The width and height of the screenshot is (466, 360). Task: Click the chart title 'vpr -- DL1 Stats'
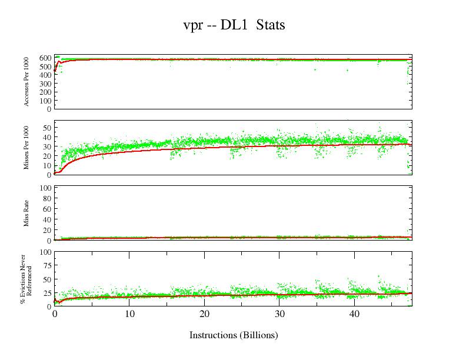tap(234, 25)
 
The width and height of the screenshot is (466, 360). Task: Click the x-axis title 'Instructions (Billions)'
tap(234, 335)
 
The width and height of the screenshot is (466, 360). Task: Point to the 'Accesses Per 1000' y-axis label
tap(27, 82)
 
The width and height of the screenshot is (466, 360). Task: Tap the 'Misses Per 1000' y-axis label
tap(27, 148)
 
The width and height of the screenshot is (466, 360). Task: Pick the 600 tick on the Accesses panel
tap(45, 58)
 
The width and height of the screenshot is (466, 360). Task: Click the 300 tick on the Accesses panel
tap(45, 83)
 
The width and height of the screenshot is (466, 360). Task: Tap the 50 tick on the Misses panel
tap(47, 128)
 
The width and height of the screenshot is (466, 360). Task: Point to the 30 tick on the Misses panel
tap(47, 146)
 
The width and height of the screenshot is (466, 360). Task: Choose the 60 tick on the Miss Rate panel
tap(47, 209)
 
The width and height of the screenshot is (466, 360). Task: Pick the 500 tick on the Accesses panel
tap(45, 66)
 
